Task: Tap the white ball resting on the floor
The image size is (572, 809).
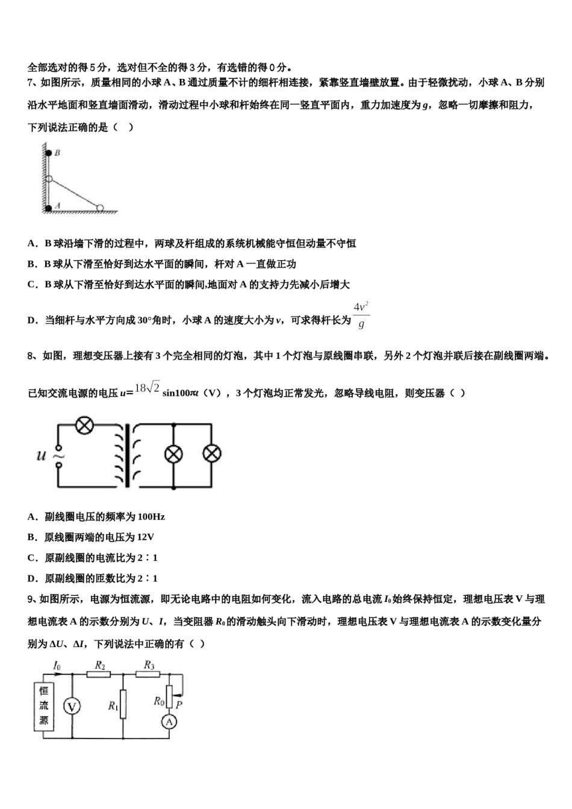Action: (101, 208)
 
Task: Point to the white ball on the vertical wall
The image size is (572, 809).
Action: (49, 179)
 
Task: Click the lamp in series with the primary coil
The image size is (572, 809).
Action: (84, 426)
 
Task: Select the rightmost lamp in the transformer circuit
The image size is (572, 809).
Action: (211, 454)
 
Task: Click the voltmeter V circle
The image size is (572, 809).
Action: (72, 706)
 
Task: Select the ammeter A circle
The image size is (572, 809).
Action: (170, 721)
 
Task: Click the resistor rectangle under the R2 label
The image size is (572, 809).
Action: (99, 674)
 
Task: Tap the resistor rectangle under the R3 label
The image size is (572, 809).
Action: (148, 674)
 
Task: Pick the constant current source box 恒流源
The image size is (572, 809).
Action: (44, 705)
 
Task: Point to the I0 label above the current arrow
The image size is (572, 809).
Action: (57, 665)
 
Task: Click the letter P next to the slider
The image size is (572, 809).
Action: (179, 704)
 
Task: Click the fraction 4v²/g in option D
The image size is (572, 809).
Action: (361, 315)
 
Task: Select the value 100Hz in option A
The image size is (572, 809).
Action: (151, 516)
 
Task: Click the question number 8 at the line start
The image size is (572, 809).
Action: (31, 356)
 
